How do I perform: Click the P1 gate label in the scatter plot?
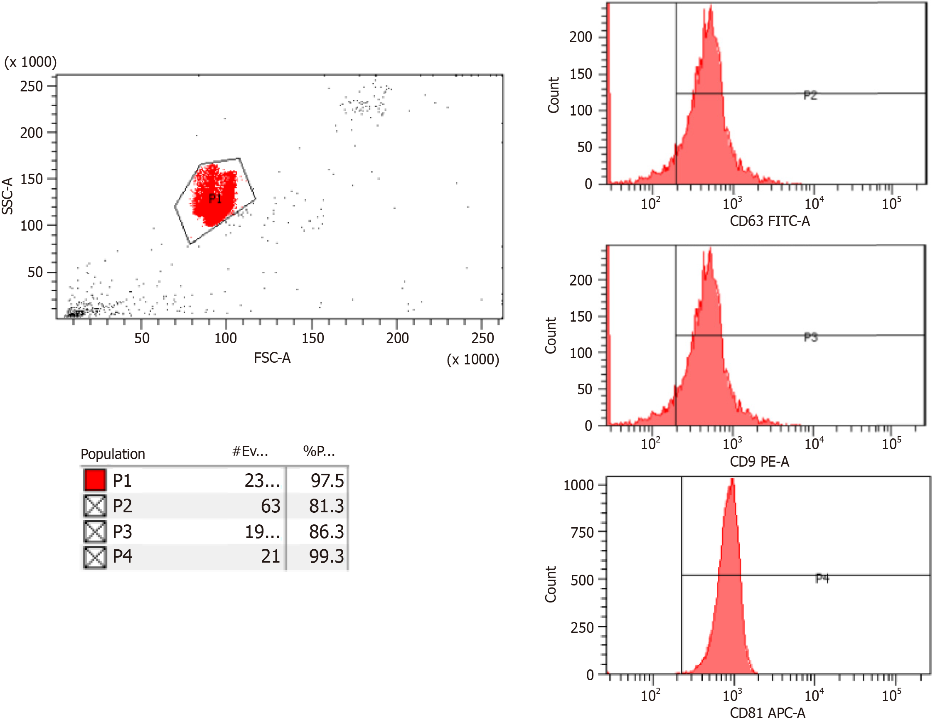point(215,199)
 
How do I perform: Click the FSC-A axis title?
point(272,358)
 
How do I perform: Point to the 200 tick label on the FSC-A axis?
point(397,339)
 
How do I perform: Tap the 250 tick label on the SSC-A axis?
point(31,86)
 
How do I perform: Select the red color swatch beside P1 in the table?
point(95,480)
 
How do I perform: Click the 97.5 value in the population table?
point(327,481)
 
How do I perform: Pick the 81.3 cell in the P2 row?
point(326,506)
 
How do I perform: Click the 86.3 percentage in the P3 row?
point(326,532)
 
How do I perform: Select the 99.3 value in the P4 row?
point(326,556)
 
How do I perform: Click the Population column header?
point(113,454)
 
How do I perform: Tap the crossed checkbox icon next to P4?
point(95,557)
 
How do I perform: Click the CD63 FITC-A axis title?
point(769,221)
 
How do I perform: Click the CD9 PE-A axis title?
point(759,462)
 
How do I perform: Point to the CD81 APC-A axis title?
point(767,713)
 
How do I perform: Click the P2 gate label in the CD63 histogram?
point(810,95)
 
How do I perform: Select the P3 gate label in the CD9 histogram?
point(810,337)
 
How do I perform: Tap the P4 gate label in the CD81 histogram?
point(822,579)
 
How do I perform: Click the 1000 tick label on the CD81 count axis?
point(578,485)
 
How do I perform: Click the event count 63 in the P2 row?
point(270,506)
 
